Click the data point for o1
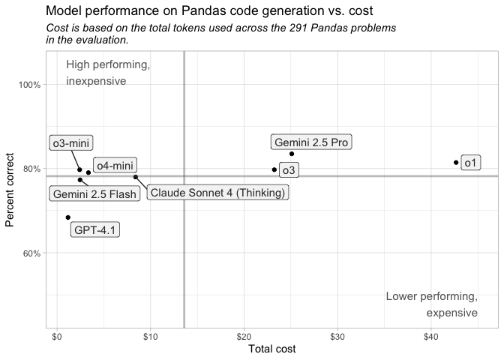coord(456,162)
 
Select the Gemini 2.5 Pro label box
coord(311,142)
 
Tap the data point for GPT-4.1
coord(67,217)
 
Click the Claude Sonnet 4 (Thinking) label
coord(217,193)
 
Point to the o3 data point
coord(274,169)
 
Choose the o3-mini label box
coord(71,143)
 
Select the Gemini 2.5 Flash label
coord(94,194)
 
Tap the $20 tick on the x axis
coord(244,336)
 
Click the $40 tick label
coord(430,336)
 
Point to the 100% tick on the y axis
coord(29,85)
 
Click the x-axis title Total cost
coord(271,349)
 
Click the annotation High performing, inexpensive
coord(107,73)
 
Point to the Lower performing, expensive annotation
coord(432,304)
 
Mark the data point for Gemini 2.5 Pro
coord(292,154)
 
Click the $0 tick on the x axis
coord(56,336)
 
